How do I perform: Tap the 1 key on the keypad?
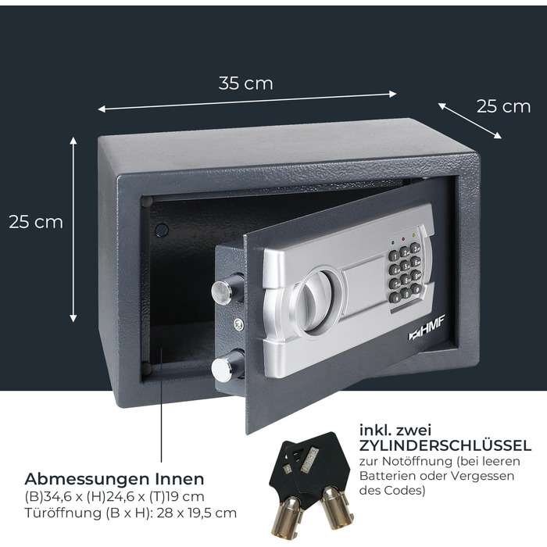coord(394,256)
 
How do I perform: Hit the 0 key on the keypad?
coord(406,293)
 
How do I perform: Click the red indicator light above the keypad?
coord(404,239)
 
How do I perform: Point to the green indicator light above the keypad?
coord(393,242)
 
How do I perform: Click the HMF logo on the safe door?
coord(427,330)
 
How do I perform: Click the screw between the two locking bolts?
coord(239,324)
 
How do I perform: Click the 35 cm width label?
coord(245,84)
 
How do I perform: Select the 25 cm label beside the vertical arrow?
coord(36,222)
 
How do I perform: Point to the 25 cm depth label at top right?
coord(503,106)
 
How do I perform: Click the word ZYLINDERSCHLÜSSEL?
coord(445,445)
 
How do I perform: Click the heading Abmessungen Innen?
coord(114,479)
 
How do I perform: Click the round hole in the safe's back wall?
coord(162,230)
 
